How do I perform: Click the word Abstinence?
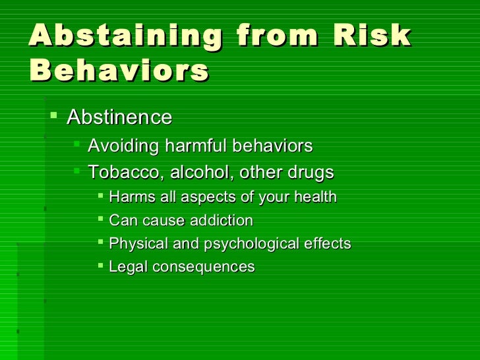click(119, 117)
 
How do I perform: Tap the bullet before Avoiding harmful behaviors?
click(78, 145)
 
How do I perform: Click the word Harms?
click(128, 197)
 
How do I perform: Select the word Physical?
click(135, 243)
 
